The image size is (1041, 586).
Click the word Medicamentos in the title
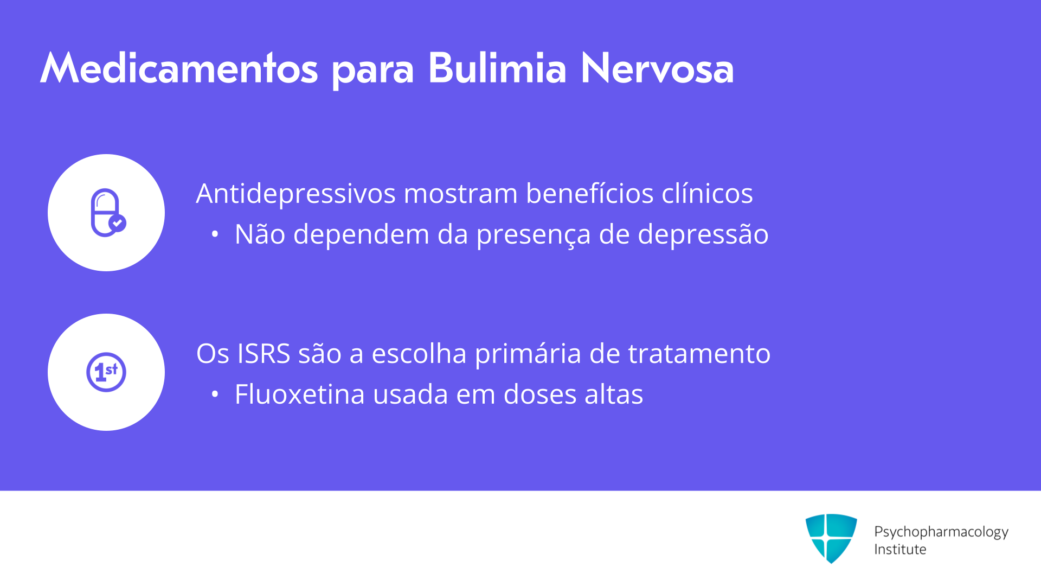179,68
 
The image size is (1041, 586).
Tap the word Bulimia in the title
497,68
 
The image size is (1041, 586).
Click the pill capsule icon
108,213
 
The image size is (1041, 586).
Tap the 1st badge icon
106,372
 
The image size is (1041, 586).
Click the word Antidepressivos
295,193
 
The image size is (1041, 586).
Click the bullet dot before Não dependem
215,234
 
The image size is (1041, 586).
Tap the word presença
534,235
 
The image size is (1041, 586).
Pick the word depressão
703,235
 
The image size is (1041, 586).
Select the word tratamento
699,354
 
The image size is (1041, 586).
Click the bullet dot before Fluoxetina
215,394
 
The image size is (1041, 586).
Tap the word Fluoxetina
300,394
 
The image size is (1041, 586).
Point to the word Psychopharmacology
941,532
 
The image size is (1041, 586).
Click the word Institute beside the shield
900,549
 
